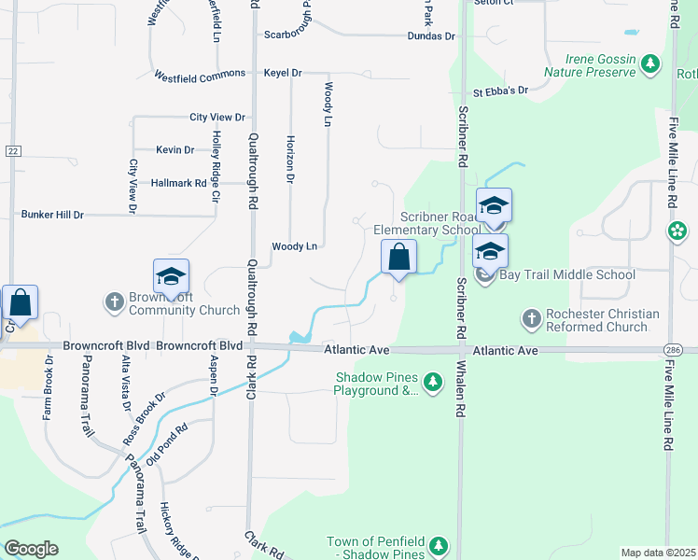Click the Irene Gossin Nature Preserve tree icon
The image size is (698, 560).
(651, 65)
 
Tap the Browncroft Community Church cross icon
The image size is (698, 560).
(114, 301)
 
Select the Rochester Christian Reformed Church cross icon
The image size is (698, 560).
(531, 320)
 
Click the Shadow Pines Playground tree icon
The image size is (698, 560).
(432, 382)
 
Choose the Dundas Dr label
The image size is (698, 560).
(430, 36)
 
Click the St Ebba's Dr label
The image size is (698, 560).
(500, 91)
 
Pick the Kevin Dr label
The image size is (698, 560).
(174, 149)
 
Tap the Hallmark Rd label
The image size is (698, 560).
(178, 184)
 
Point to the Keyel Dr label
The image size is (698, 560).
(283, 73)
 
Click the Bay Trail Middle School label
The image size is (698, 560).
(568, 274)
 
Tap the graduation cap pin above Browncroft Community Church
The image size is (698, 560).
(172, 277)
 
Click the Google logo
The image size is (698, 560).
(31, 549)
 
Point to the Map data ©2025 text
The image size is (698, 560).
(657, 553)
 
